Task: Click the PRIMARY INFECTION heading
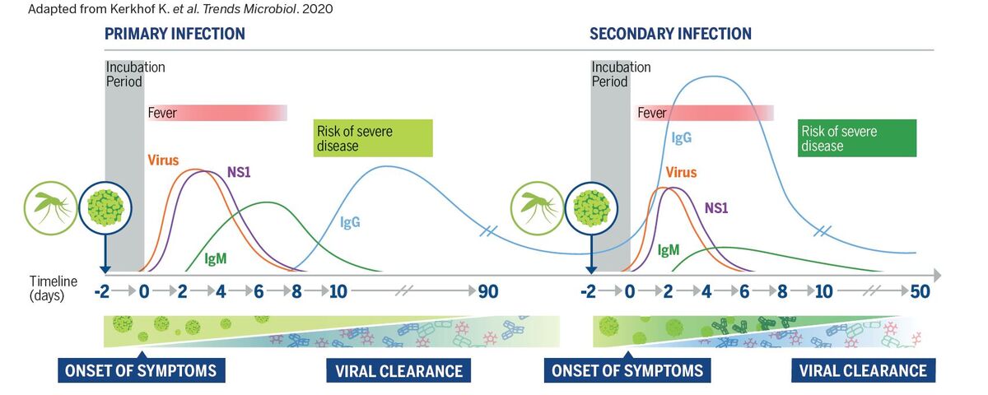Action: (x=175, y=34)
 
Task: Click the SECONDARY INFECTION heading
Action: (x=670, y=34)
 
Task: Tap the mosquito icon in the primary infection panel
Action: (x=50, y=208)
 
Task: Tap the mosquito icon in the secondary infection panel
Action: (x=537, y=208)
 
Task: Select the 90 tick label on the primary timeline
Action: (x=488, y=291)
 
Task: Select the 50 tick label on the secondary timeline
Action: (x=920, y=291)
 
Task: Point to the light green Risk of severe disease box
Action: (x=373, y=138)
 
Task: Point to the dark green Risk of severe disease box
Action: (x=857, y=138)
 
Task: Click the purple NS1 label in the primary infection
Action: (x=239, y=172)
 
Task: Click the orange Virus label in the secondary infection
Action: (x=681, y=172)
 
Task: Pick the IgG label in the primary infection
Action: (x=350, y=221)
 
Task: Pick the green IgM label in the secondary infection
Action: (x=669, y=250)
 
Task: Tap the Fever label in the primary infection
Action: (x=162, y=113)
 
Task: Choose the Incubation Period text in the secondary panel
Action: (x=621, y=74)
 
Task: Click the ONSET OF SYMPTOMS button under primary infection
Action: (x=141, y=370)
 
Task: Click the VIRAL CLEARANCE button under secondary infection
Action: (x=863, y=370)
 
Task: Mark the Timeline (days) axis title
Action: (x=53, y=288)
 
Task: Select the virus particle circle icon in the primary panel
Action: (x=105, y=208)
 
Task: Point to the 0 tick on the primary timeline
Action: (x=144, y=291)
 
